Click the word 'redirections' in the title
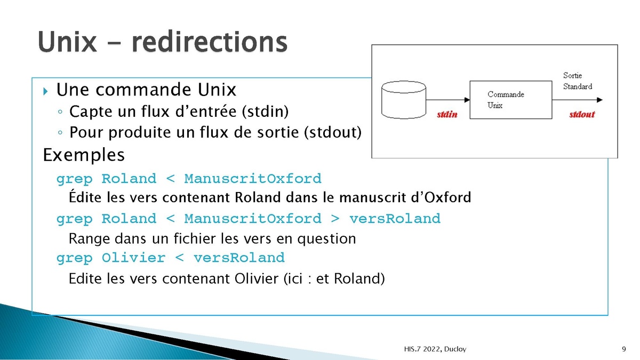pyautogui.click(x=210, y=42)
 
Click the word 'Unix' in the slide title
pyautogui.click(x=67, y=42)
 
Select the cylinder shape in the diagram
pyautogui.click(x=404, y=100)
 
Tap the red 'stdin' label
pyautogui.click(x=447, y=115)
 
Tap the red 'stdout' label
pyautogui.click(x=582, y=115)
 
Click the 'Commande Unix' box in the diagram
pyautogui.click(x=511, y=100)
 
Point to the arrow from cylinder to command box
pyautogui.click(x=448, y=100)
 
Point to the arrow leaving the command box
pyautogui.click(x=578, y=100)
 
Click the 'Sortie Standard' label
pyautogui.click(x=578, y=81)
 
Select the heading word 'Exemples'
pyautogui.click(x=84, y=155)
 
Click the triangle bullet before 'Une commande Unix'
pyautogui.click(x=45, y=91)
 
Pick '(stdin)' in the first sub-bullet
pyautogui.click(x=266, y=111)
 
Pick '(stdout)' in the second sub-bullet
pyautogui.click(x=333, y=132)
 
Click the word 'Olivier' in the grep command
pyautogui.click(x=134, y=258)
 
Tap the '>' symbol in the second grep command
pyautogui.click(x=335, y=219)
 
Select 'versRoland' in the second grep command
pyautogui.click(x=395, y=219)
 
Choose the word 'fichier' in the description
pyautogui.click(x=194, y=238)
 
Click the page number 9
pyautogui.click(x=623, y=349)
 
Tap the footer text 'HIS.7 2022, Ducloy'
pyautogui.click(x=435, y=349)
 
